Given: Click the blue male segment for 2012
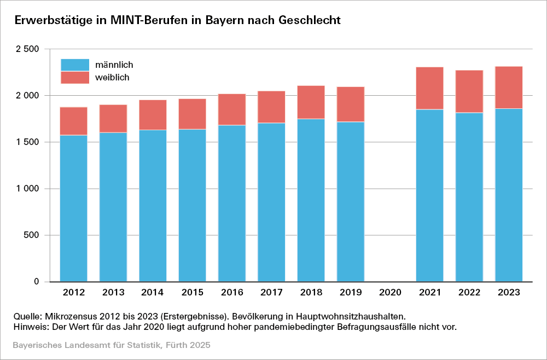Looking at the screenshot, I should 73,208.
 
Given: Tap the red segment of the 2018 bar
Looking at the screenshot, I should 311,102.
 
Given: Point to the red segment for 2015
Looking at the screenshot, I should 192,114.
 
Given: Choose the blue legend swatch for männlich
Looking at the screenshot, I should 74,65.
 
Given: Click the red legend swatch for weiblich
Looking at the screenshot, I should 74,77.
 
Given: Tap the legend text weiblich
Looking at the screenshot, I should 112,78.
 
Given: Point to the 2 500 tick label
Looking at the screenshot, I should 27,49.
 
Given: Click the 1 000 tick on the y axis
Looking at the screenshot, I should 27,189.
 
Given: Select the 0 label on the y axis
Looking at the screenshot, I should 36,282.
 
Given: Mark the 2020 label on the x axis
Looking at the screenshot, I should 390,293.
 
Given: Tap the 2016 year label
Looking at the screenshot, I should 232,293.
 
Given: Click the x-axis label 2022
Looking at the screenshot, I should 469,293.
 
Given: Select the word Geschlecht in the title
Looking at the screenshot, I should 310,20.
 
